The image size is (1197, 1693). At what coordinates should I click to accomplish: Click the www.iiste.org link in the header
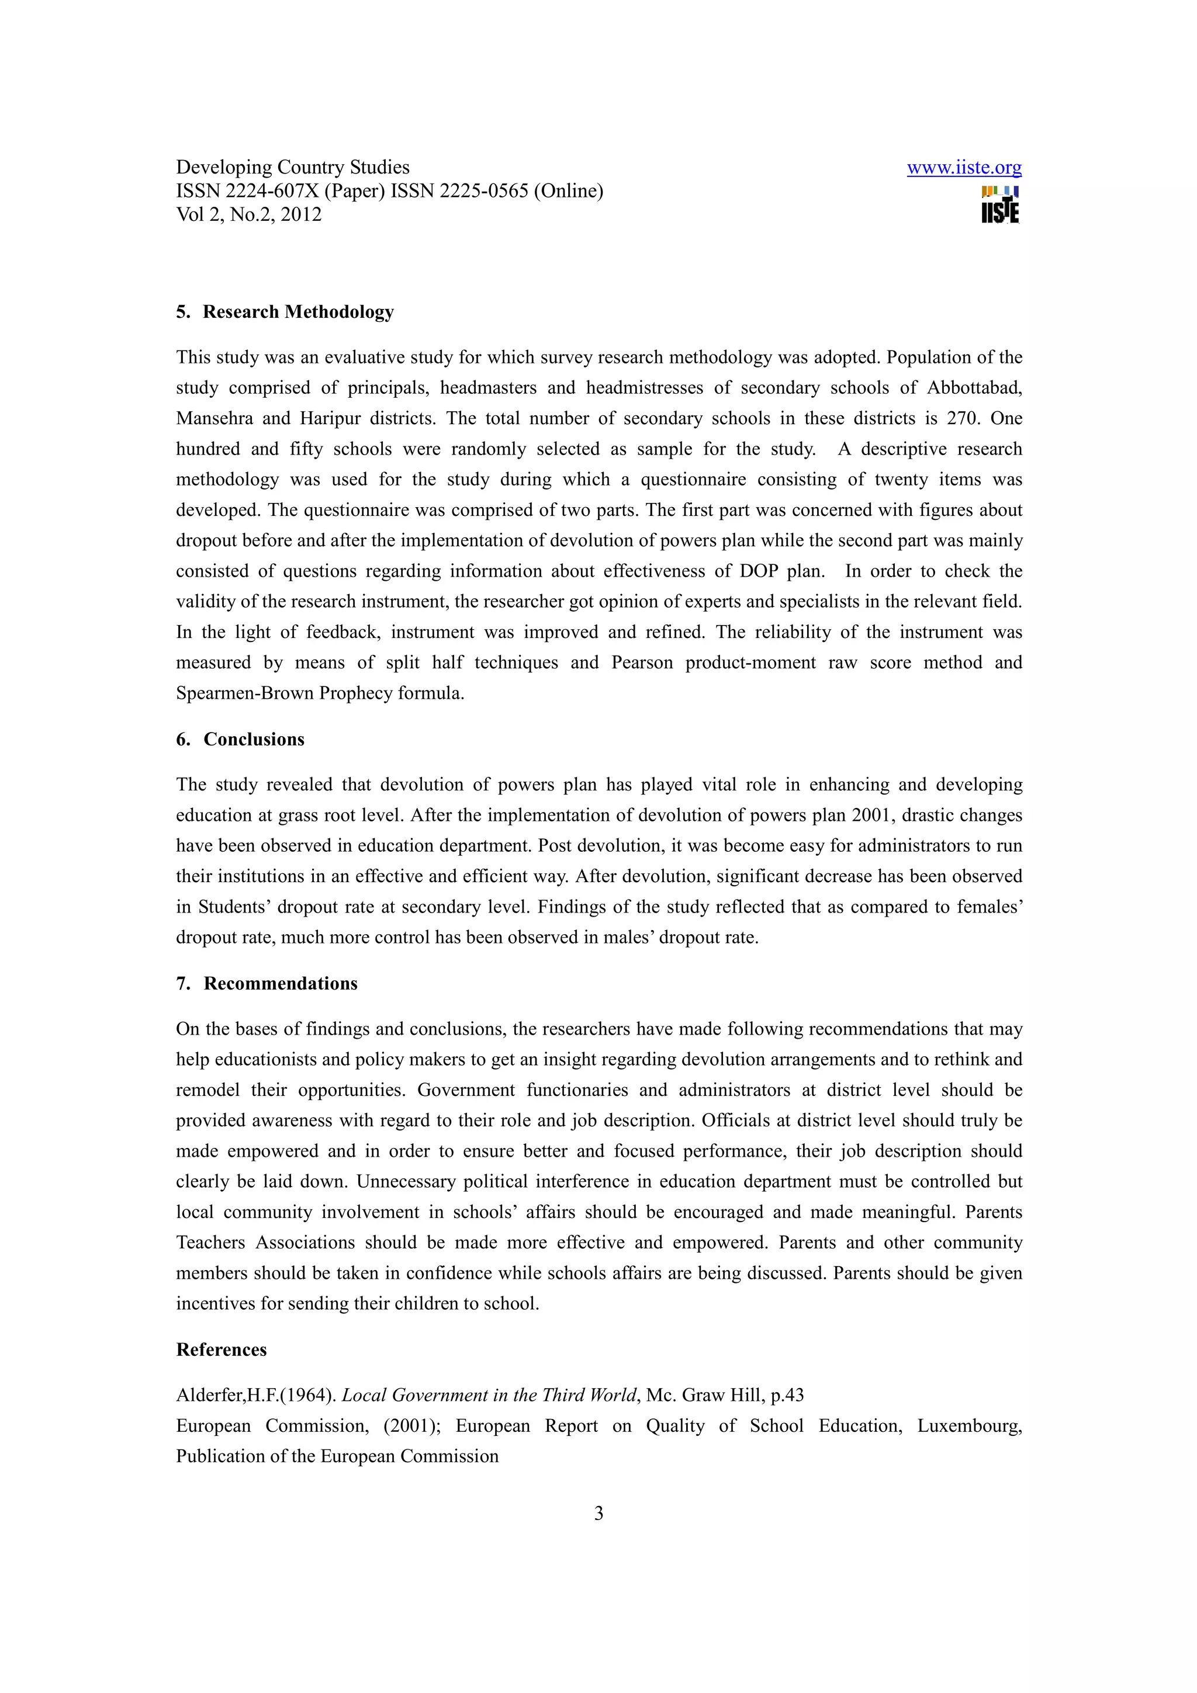pyautogui.click(x=963, y=168)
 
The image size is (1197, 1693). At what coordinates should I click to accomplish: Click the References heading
pyautogui.click(x=222, y=1350)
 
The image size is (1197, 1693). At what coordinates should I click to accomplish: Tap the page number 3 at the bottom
pyautogui.click(x=598, y=1514)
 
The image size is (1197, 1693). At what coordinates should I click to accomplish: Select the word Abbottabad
pyautogui.click(x=974, y=388)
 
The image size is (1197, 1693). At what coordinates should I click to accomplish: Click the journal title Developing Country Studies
pyautogui.click(x=292, y=168)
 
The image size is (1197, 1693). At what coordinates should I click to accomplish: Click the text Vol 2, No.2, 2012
pyautogui.click(x=248, y=214)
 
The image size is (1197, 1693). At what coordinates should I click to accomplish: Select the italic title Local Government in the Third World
pyautogui.click(x=488, y=1396)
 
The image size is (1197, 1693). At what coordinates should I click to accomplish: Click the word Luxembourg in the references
pyautogui.click(x=968, y=1426)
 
